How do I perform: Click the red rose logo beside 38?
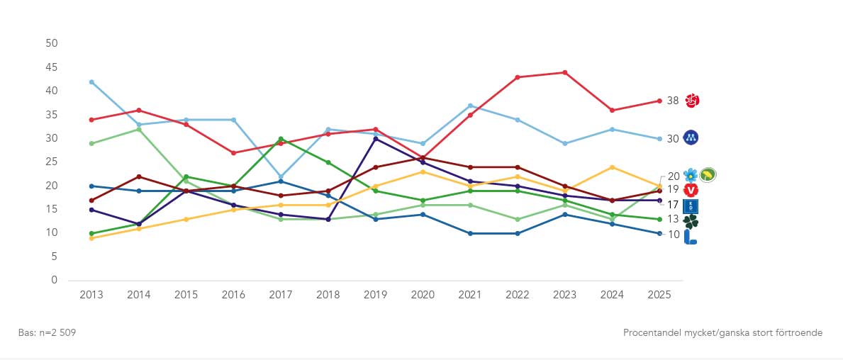click(691, 101)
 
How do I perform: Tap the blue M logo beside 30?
click(691, 137)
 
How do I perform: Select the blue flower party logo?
click(691, 174)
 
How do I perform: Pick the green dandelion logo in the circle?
click(708, 174)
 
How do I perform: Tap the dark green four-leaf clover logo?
click(691, 222)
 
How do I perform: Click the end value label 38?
click(673, 101)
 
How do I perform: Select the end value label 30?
click(673, 138)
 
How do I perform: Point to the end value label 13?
click(673, 219)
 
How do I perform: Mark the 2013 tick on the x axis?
click(91, 294)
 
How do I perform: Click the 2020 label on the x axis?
click(423, 294)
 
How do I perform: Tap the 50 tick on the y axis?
click(51, 43)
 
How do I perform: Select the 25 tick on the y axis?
click(51, 162)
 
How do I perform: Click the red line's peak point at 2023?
click(564, 72)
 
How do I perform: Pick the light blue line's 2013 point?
click(91, 82)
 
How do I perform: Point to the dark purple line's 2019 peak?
click(375, 138)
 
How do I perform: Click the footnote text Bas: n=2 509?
click(47, 332)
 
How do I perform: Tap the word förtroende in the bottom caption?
click(798, 332)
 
